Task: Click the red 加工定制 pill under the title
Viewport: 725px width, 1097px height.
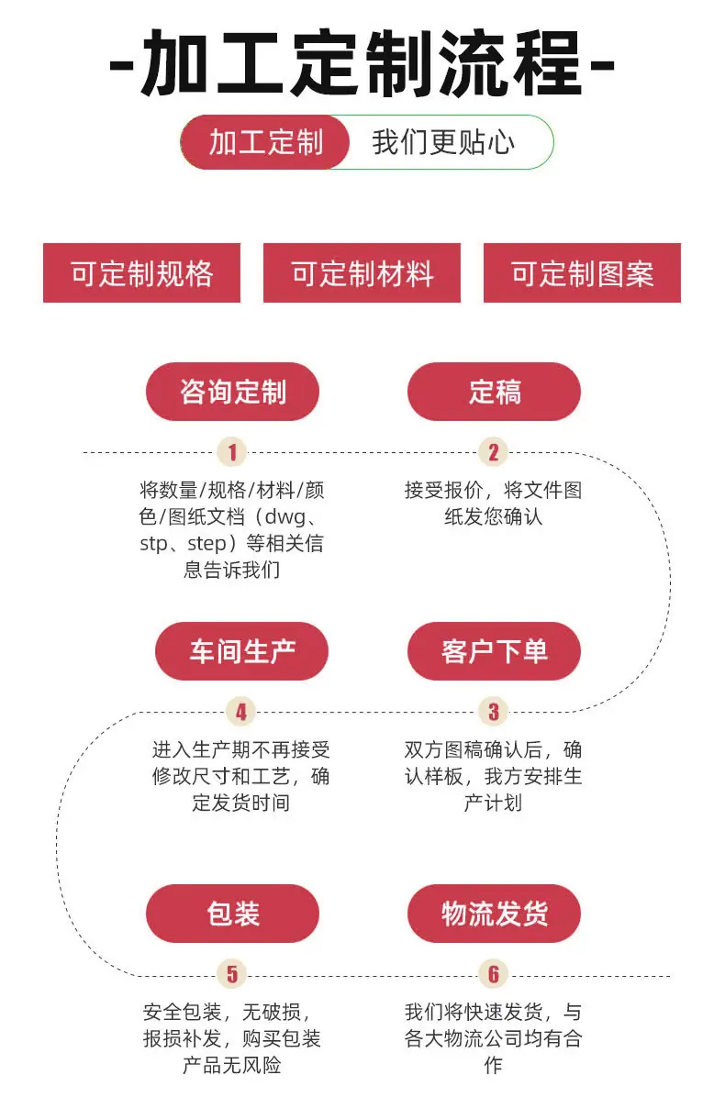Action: point(265,143)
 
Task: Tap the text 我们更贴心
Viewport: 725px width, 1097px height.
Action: point(443,143)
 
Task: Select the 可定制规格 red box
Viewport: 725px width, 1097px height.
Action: point(142,272)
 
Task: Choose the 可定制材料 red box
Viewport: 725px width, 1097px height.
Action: point(362,272)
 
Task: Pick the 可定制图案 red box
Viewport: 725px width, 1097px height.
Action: point(582,272)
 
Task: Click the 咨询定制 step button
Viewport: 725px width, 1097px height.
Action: point(232,392)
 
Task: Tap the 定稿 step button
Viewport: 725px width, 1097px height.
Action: point(494,392)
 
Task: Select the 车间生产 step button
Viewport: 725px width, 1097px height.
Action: point(241,651)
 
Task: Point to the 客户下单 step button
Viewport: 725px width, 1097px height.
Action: point(494,651)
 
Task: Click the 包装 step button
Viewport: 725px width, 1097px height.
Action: point(232,914)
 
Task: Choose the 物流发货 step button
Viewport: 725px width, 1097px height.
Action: point(494,914)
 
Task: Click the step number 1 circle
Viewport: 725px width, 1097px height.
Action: point(232,452)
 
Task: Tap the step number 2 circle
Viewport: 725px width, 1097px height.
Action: point(494,452)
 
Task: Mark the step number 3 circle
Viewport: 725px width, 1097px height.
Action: point(494,712)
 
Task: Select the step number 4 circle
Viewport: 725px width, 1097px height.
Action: point(241,712)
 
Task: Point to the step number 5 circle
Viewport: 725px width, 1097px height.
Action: point(232,974)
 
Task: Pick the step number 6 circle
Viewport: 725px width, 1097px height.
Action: point(494,974)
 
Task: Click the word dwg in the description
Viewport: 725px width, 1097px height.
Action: point(284,517)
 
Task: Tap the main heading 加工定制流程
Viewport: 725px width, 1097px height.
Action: point(362,64)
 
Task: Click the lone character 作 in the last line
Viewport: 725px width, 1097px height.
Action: point(494,1065)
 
